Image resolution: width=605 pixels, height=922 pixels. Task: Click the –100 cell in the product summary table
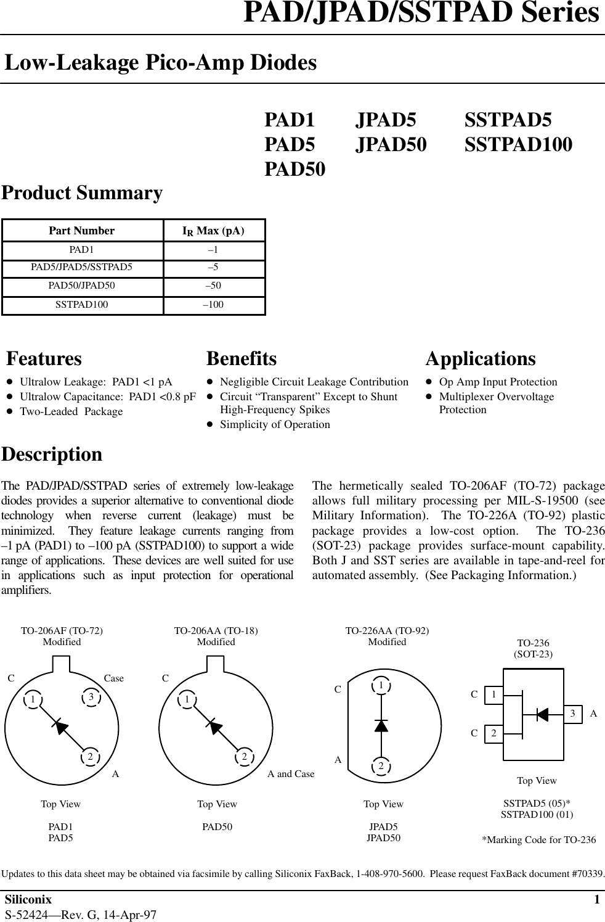(x=213, y=305)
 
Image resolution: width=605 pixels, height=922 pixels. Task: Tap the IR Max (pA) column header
(x=213, y=231)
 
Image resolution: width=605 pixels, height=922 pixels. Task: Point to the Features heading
(x=44, y=358)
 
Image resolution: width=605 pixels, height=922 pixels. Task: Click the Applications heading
(x=481, y=358)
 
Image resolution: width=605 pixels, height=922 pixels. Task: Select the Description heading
(x=52, y=454)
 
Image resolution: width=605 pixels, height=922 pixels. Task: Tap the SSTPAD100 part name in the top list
(x=518, y=144)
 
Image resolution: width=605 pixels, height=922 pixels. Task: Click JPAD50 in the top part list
(x=391, y=144)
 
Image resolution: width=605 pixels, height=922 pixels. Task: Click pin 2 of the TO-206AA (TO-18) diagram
(x=245, y=757)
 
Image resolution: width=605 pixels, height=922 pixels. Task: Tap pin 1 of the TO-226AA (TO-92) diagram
(x=381, y=686)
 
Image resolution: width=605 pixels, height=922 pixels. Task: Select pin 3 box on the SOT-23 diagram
(x=573, y=714)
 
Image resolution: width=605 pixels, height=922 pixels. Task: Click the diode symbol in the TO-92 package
(x=381, y=725)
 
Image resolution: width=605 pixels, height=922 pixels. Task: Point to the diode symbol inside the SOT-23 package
(x=542, y=714)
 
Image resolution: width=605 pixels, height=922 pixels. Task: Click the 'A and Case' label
(x=290, y=774)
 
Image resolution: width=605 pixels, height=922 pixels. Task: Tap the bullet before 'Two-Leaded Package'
(x=10, y=412)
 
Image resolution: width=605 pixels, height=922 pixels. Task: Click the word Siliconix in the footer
(x=28, y=900)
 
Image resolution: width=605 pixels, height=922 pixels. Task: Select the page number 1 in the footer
(x=596, y=900)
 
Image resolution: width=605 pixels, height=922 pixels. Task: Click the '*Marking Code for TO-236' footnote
(x=538, y=840)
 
